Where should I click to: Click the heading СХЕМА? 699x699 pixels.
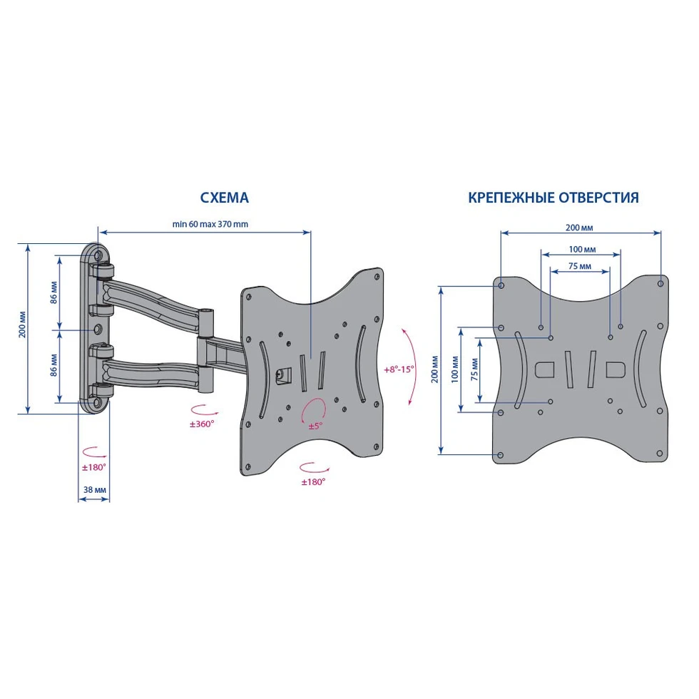coord(224,198)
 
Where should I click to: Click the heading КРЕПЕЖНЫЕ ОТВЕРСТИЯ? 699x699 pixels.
coord(553,198)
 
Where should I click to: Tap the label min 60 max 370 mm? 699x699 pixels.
coord(210,224)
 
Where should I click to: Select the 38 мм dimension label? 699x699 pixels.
coord(95,489)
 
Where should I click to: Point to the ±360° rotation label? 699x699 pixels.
coord(202,424)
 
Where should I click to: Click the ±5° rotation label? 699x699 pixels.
coord(315,427)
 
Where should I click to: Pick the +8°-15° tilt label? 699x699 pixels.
coord(399,369)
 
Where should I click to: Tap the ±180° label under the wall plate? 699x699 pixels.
coord(93,467)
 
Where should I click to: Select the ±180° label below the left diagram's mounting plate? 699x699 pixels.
coord(313,482)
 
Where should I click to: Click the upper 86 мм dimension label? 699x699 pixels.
coord(53,292)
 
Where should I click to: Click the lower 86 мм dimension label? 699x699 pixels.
coord(53,365)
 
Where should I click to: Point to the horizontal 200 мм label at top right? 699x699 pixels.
coord(579,228)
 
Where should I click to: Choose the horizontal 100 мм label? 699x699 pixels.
coord(582,250)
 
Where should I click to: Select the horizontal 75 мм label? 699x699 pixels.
coord(580,266)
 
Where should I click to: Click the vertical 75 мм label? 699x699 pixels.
coord(474,369)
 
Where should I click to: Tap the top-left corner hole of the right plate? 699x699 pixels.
coord(501,285)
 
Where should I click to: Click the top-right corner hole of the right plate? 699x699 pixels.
coord(660,284)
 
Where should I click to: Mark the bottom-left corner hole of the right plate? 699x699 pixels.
coord(500,455)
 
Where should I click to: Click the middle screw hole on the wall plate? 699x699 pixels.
coord(98,329)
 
